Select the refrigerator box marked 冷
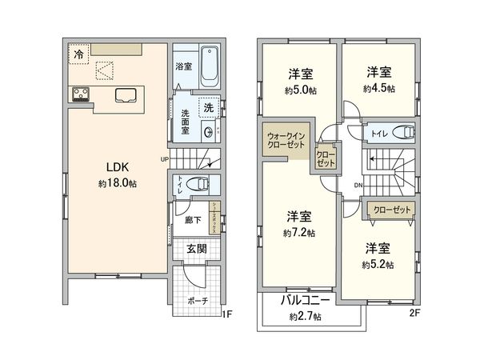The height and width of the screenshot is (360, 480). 78,54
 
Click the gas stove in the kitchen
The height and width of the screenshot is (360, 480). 81,94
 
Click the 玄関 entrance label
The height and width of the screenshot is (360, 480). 197,249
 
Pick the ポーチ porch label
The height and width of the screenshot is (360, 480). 198,301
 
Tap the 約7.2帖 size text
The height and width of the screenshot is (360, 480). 298,233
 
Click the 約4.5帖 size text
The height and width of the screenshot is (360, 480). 380,88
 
